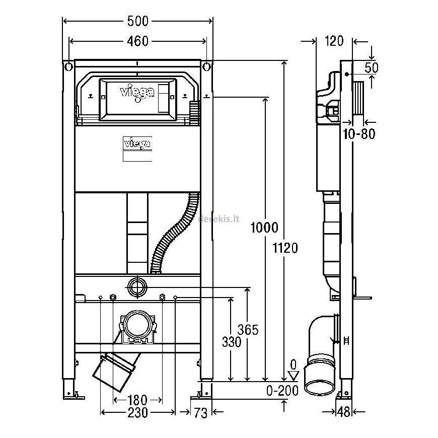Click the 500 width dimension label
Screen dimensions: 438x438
pos(138,21)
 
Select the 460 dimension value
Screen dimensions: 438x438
pos(138,41)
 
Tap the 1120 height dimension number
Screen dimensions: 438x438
pos(285,248)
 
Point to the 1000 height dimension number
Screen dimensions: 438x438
pos(264,228)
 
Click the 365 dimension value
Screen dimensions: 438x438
pos(248,330)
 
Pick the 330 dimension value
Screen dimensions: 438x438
pos(232,342)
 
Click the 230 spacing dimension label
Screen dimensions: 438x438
pos(138,413)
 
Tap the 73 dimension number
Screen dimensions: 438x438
pos(201,413)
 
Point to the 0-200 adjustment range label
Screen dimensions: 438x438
pos(282,391)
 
